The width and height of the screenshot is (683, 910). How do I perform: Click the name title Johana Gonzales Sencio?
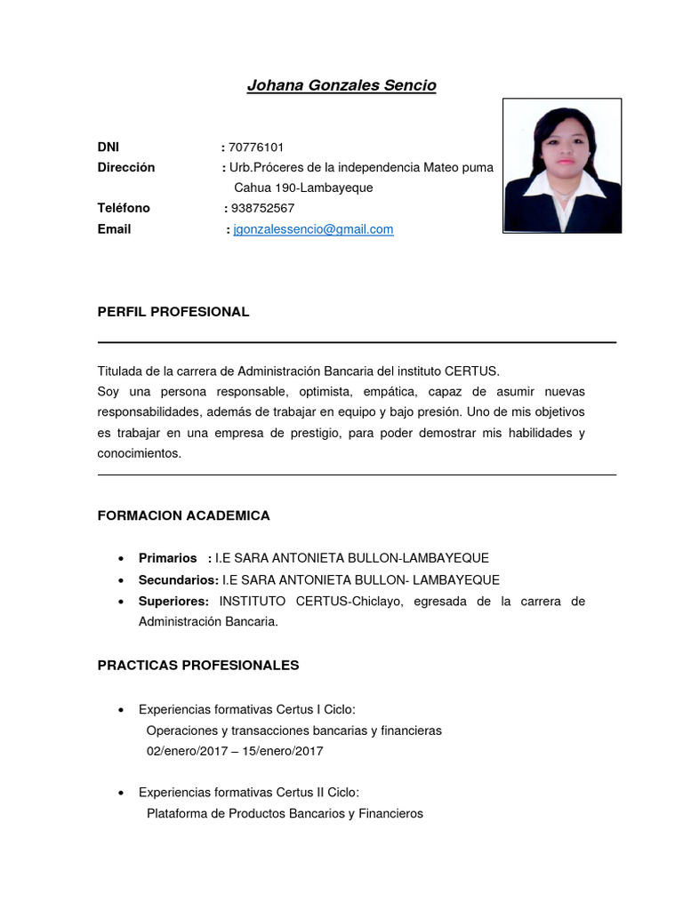[341, 85]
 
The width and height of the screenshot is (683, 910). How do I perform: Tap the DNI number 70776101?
[256, 147]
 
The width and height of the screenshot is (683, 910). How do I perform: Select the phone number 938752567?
[262, 208]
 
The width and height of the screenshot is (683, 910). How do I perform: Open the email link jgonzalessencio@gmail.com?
[313, 229]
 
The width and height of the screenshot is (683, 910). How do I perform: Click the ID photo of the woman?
[562, 166]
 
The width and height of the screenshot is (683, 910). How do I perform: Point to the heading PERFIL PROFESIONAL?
[173, 312]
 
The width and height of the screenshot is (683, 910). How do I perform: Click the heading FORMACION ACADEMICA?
[183, 515]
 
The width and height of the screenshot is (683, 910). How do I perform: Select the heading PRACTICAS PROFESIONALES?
[198, 665]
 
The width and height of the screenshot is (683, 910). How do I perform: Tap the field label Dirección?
[126, 167]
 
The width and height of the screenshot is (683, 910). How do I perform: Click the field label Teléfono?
[124, 208]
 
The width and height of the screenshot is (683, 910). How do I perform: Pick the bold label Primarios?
[168, 558]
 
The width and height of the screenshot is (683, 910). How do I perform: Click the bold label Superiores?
[174, 601]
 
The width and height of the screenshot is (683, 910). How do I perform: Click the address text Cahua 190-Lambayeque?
[303, 188]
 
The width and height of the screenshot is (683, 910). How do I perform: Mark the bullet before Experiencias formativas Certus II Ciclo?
[120, 793]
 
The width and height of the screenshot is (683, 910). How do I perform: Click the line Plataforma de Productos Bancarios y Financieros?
[285, 813]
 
